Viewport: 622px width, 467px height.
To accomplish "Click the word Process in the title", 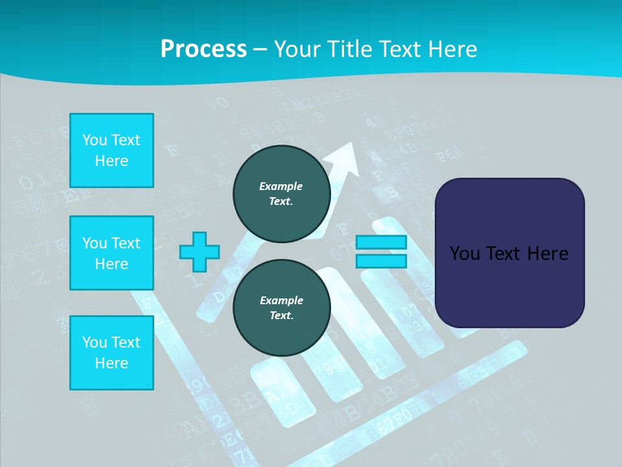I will click(203, 49).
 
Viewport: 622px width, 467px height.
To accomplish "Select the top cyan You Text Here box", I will click(111, 150).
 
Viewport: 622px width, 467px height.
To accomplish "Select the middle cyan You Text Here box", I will click(111, 253).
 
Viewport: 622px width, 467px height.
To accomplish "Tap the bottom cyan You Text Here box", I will click(111, 352).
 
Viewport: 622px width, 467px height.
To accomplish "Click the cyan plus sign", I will click(200, 252).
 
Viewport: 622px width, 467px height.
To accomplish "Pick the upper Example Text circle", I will click(281, 193).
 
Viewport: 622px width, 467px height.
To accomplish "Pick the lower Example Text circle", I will click(281, 307).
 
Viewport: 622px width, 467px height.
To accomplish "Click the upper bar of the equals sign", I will click(381, 243).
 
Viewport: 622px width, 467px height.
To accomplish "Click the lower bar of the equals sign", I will click(381, 261).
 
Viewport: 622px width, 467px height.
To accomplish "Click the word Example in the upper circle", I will click(281, 186).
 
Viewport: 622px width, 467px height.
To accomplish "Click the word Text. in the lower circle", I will click(281, 316).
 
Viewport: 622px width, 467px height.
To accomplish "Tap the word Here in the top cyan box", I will click(111, 161).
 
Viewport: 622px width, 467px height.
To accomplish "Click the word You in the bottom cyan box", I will click(93, 342).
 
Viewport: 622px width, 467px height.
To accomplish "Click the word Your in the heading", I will click(298, 49).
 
